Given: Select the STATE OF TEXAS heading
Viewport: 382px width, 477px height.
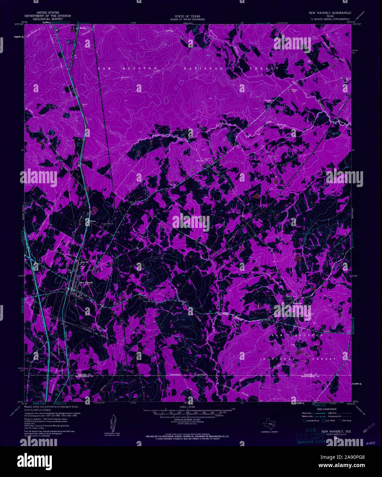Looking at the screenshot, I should [187, 16].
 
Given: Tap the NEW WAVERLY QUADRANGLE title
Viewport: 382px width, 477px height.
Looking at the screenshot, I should [328, 13].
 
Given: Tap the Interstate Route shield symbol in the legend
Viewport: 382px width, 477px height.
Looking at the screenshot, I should [304, 420].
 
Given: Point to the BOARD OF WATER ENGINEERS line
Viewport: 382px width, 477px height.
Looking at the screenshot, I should [187, 20].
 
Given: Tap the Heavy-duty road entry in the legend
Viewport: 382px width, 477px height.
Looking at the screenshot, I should [308, 413].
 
